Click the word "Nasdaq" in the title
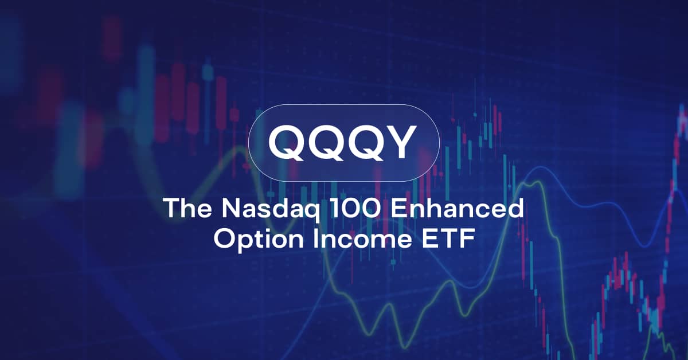pos(270,209)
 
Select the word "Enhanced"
pos(457,208)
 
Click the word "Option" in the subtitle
pos(259,239)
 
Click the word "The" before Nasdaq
pos(187,208)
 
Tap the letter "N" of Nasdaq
pos(231,208)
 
